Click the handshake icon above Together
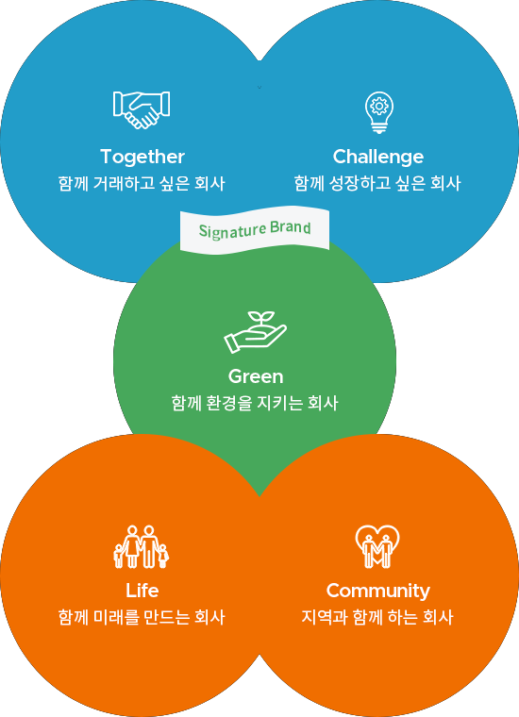[142, 109]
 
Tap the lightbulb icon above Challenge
[379, 112]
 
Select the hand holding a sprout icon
[255, 332]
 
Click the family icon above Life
[142, 546]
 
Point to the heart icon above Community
[377, 546]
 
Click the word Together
[142, 158]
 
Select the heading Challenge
[378, 158]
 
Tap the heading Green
[256, 376]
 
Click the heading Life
[142, 591]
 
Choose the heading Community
[378, 592]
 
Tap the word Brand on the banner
[291, 227]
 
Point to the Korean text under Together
[142, 183]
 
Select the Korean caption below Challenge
[377, 183]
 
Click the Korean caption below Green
[255, 403]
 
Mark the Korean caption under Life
[142, 617]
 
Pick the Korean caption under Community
[377, 617]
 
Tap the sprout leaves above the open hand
[261, 317]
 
